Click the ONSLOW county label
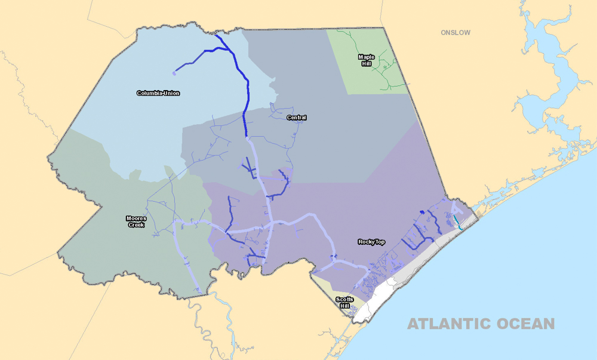456,32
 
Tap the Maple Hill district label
366,60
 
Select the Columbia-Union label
158,93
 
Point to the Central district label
296,118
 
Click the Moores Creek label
136,221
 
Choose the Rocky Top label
371,242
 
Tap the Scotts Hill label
344,302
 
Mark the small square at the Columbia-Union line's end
174,73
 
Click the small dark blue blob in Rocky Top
422,212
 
